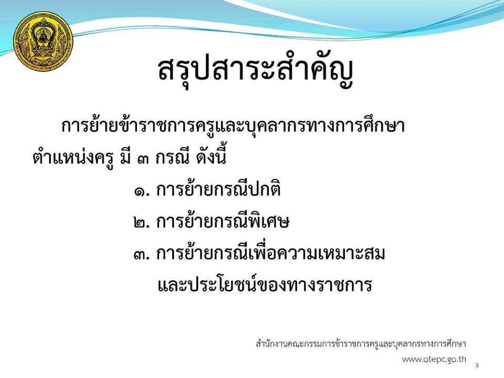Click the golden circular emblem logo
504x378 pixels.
43,41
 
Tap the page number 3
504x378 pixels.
477,365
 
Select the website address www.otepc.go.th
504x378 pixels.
434,359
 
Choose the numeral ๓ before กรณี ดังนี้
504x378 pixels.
143,159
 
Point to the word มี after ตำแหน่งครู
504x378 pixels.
125,157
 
